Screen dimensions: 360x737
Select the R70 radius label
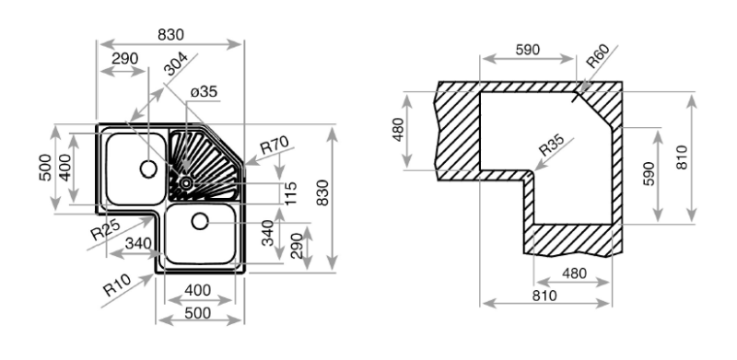click(275, 145)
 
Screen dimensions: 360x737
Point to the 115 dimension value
click(290, 192)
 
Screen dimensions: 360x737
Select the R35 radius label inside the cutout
click(552, 146)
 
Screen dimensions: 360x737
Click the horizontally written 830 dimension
click(170, 34)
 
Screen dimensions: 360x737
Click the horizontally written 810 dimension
click(544, 296)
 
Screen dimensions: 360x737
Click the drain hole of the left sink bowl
click(146, 168)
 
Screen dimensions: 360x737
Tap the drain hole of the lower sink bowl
click(201, 221)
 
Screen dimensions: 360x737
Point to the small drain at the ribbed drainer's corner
click(185, 182)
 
